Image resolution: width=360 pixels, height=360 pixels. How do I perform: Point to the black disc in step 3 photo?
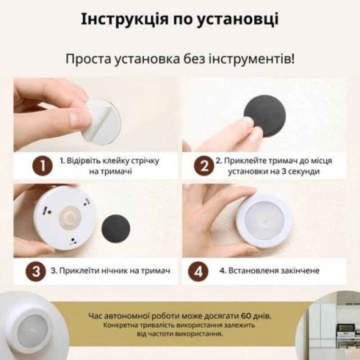pos(116,228)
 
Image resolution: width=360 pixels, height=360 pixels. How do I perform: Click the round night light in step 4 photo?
pos(265,220)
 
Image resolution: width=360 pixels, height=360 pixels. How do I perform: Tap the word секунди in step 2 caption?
pos(306,171)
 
